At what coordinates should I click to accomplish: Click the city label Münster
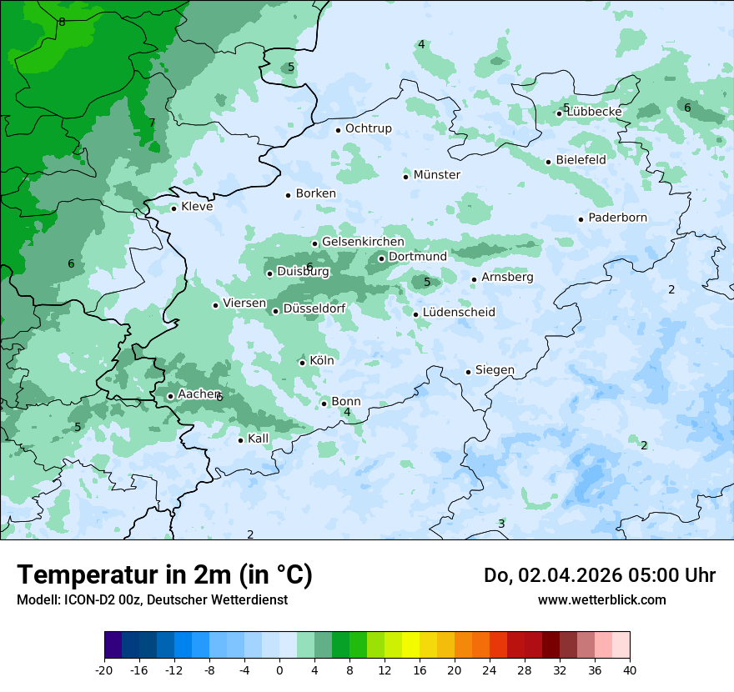tap(436, 175)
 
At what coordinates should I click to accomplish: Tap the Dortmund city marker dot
tap(381, 258)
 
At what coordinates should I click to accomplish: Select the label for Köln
tap(321, 361)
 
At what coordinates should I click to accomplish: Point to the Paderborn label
tap(617, 218)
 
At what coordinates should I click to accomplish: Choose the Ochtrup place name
tap(368, 128)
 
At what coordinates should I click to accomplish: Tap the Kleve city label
tap(197, 207)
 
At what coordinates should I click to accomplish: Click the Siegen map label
tap(495, 370)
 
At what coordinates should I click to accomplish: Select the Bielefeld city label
tap(581, 159)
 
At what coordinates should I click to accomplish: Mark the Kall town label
tap(258, 439)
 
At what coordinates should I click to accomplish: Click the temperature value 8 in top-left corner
tap(62, 22)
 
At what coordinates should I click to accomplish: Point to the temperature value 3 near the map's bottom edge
tap(501, 524)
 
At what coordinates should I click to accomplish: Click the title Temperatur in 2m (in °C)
tap(164, 575)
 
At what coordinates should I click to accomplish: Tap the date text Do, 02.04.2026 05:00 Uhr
tap(599, 575)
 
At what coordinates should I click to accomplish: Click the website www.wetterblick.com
tap(601, 599)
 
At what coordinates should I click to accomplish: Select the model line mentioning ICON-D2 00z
tap(152, 599)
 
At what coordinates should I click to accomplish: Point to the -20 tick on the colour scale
tap(104, 669)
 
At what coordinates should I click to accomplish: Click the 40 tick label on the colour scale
tap(629, 669)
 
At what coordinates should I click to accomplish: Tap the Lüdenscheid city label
tap(459, 313)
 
